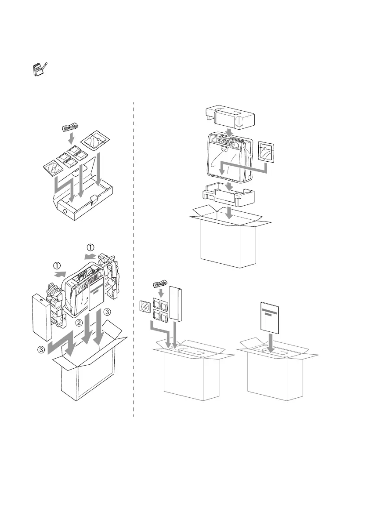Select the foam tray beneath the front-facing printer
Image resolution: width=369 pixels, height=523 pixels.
228,196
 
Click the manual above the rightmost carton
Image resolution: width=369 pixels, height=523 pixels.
269,318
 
